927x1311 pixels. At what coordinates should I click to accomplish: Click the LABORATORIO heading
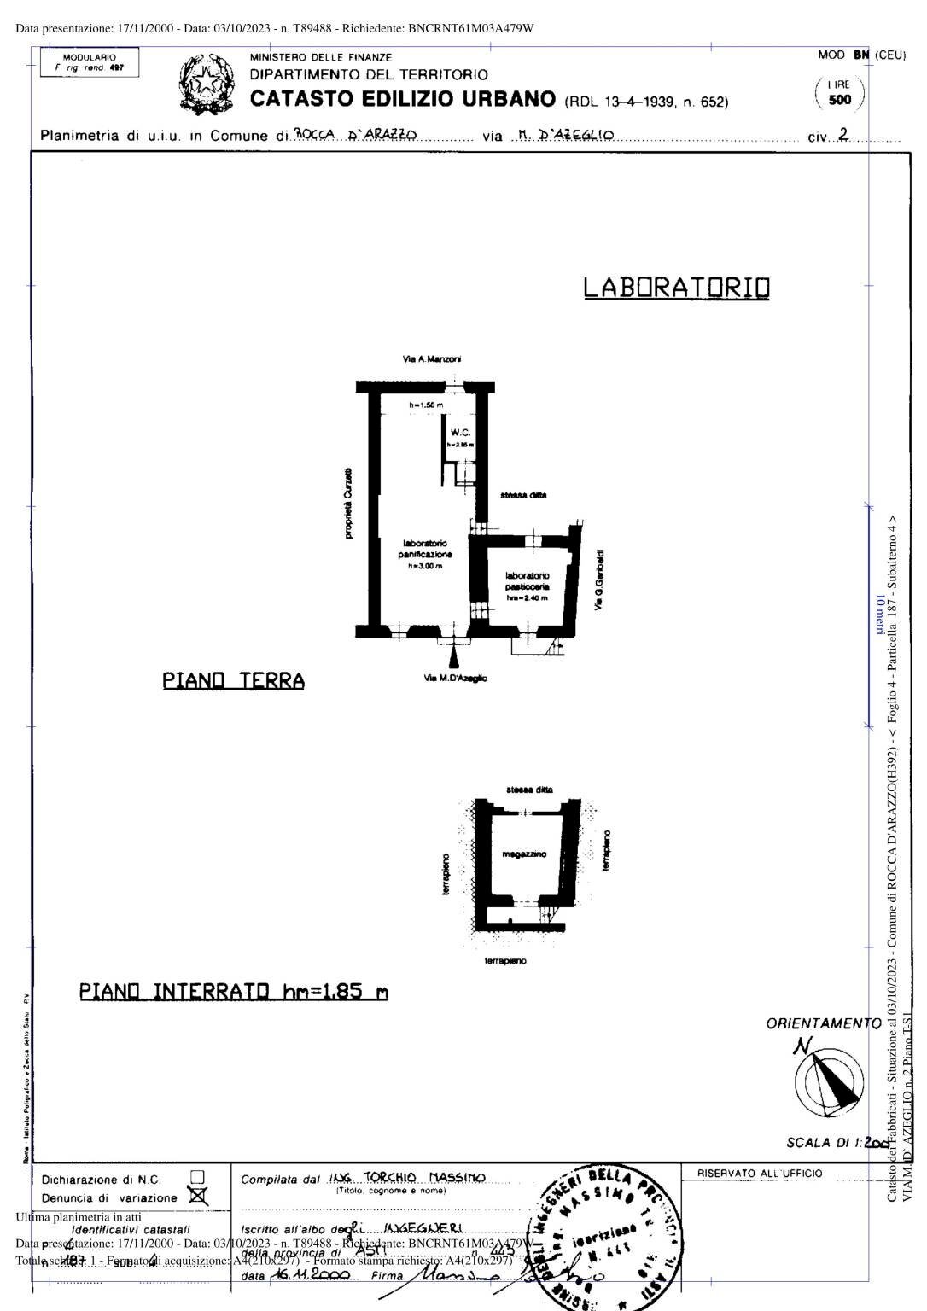coord(676,288)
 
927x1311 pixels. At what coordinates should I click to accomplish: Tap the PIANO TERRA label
coord(233,680)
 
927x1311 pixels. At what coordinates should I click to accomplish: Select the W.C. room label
coord(461,433)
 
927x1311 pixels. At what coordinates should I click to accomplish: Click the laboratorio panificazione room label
coord(425,549)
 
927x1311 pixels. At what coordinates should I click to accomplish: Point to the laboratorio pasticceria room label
coord(528,581)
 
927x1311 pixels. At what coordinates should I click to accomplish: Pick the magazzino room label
coord(524,854)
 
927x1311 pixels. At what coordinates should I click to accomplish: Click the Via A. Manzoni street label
coord(432,360)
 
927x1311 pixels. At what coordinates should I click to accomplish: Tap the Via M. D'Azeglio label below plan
coord(456,678)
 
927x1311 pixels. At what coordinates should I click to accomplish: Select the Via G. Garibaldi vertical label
coord(599,580)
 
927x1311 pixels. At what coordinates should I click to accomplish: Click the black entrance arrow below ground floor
coord(454,655)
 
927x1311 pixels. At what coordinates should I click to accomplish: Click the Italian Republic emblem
coord(206,84)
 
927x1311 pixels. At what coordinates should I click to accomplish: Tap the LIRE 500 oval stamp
coord(840,92)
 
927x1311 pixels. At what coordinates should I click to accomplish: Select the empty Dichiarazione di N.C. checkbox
coord(197,1178)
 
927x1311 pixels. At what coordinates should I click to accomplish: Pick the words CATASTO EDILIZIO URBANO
coord(403,99)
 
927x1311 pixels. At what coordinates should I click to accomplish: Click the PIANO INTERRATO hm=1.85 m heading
coord(233,992)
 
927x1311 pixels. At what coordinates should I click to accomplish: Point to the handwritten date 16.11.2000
coord(309,1274)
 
